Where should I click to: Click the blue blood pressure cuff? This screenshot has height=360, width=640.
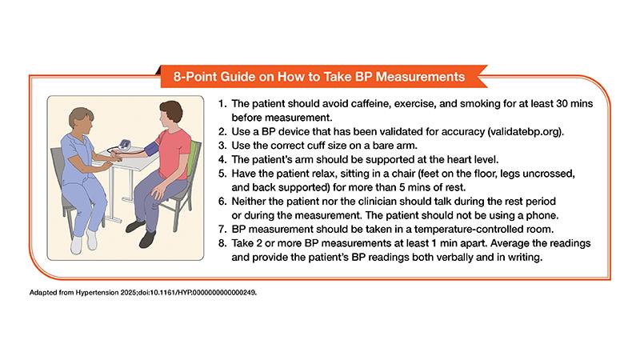[x=151, y=150]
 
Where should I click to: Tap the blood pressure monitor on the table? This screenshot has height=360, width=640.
[x=125, y=145]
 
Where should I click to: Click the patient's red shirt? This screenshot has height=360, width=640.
[x=174, y=152]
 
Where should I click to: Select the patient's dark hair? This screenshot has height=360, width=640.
[x=171, y=110]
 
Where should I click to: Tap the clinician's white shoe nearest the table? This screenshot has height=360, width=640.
[x=92, y=239]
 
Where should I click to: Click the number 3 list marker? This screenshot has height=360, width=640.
[x=222, y=146]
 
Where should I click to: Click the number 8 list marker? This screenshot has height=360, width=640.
[x=222, y=243]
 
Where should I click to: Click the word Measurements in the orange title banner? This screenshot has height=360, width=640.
[x=421, y=77]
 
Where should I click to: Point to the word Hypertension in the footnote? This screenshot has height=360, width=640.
[x=97, y=293]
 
